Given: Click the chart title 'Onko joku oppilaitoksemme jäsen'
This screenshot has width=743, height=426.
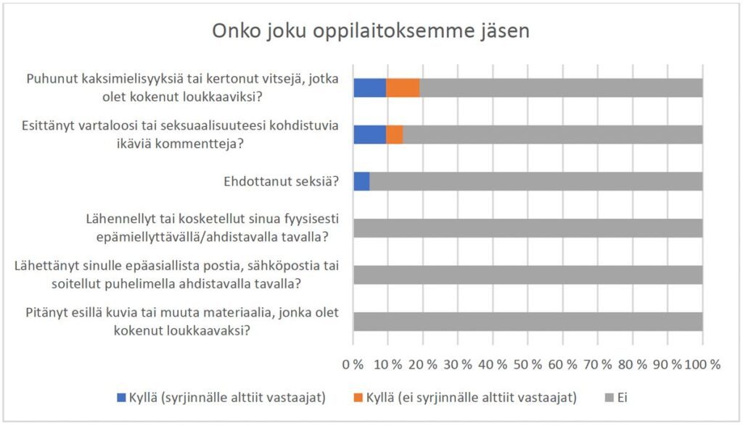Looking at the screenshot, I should pyautogui.click(x=371, y=32).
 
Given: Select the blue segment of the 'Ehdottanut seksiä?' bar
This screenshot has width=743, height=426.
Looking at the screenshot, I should pyautogui.click(x=361, y=181).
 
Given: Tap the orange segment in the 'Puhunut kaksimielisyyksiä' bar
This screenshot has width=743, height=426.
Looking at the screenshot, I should pyautogui.click(x=403, y=88).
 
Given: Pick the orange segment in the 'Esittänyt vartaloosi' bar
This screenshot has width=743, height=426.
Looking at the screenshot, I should pyautogui.click(x=394, y=135).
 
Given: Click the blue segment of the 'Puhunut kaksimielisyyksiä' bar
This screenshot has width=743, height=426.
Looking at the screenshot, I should pyautogui.click(x=369, y=88).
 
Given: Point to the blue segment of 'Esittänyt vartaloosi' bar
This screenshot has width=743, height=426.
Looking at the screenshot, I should pyautogui.click(x=369, y=135).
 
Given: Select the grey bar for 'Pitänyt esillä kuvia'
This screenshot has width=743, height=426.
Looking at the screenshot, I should pyautogui.click(x=528, y=322).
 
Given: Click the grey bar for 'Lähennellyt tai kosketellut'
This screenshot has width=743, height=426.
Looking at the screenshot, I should pyautogui.click(x=528, y=228).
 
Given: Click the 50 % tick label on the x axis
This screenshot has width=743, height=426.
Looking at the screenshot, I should pyautogui.click(x=528, y=364).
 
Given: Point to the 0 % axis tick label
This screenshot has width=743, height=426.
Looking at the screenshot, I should pyautogui.click(x=353, y=364).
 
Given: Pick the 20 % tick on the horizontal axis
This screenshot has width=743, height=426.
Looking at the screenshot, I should pyautogui.click(x=423, y=364).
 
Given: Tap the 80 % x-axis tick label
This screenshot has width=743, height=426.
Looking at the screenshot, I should pyautogui.click(x=632, y=364).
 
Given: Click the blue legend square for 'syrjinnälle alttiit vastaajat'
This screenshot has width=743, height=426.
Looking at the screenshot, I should pyautogui.click(x=120, y=397).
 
